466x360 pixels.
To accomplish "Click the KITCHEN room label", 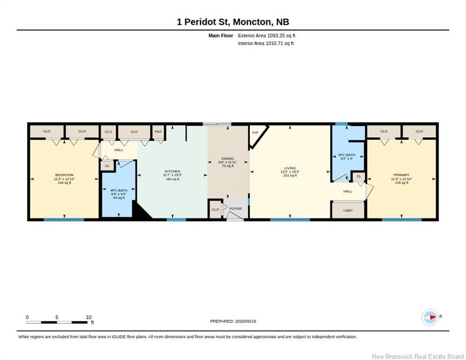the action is point(173,171).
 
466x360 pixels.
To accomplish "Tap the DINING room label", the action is point(228,158).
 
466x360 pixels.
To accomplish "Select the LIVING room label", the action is point(290,168).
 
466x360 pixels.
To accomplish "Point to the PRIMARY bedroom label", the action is point(401,175).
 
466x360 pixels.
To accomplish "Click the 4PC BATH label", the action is point(119,190).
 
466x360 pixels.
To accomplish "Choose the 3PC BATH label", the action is point(346,155).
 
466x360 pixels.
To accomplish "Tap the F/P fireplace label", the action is point(255,133).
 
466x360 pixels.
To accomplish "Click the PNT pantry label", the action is point(158,131).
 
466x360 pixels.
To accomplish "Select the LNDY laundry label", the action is point(348,210).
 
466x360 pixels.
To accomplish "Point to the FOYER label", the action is point(235,209).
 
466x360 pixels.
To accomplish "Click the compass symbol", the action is point(430,317).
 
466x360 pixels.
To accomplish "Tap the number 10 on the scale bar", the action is point(89,317).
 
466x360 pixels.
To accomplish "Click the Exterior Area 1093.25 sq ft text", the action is point(267,36).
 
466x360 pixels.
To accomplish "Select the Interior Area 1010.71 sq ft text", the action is point(266,44).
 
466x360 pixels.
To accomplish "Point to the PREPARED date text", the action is point(233,321).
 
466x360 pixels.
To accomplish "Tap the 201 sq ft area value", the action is point(290,175).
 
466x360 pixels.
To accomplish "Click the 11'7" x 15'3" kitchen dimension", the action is point(173,175).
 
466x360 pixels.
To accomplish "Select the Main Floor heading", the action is point(221,36).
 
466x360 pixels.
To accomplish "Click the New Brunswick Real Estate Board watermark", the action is point(418,356).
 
